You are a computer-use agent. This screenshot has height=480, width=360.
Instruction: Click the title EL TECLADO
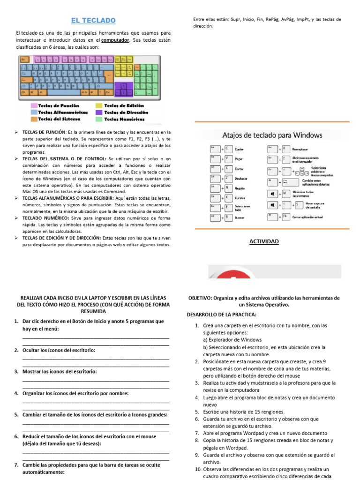(x=93, y=20)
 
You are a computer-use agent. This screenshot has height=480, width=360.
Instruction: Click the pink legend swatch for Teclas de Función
(x=34, y=106)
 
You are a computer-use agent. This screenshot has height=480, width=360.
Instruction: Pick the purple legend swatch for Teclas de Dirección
(x=99, y=112)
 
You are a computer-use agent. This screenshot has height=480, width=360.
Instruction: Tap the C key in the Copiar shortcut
(x=228, y=149)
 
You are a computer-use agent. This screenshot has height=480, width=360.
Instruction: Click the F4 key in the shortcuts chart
(x=285, y=217)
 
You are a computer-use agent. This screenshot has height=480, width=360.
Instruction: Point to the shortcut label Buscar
(x=240, y=218)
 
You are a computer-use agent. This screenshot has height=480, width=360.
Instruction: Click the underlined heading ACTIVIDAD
(x=264, y=241)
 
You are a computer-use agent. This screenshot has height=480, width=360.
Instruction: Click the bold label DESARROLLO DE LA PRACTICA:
(x=222, y=314)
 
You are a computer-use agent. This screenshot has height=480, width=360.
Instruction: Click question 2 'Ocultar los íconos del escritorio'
(x=59, y=350)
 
